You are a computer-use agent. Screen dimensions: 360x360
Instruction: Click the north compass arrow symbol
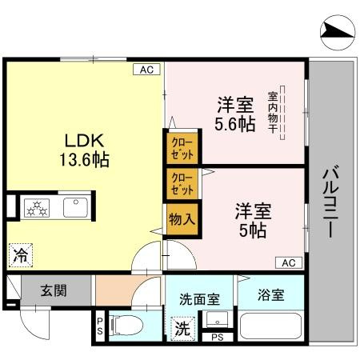coord(336,31)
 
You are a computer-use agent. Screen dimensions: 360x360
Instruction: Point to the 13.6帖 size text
coord(83,158)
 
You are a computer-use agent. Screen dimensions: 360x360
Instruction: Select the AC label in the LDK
coord(146,70)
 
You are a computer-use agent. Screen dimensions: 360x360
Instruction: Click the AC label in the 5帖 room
coord(289,262)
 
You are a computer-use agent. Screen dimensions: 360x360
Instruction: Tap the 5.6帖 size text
coord(235,124)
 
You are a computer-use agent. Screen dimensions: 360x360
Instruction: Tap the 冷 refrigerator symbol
coord(19,256)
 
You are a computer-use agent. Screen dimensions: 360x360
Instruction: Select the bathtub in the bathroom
coord(270,328)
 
